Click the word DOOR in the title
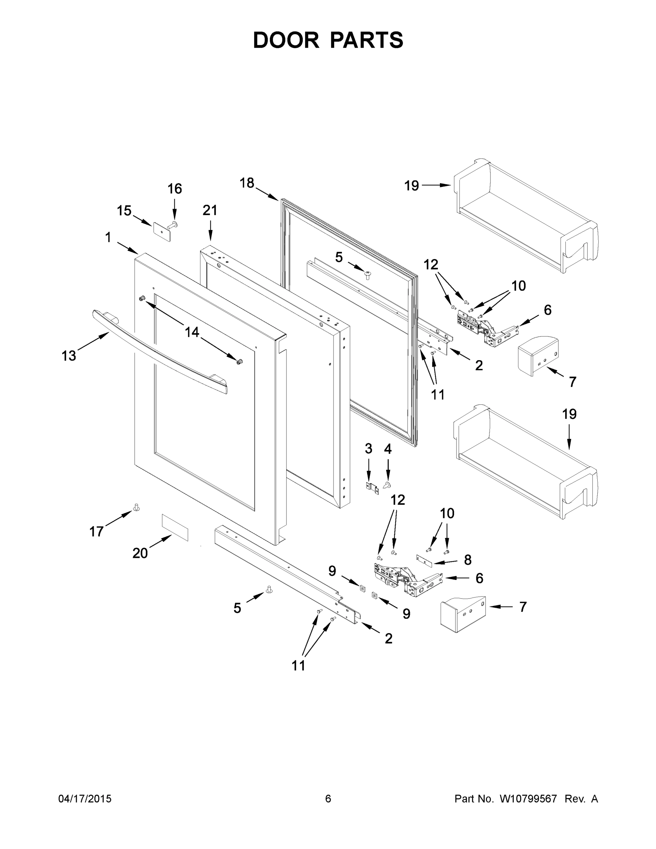[286, 40]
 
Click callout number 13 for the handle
[69, 355]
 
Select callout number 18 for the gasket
[247, 183]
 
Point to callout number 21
[210, 210]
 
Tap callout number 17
[97, 531]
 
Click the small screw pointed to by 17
[137, 507]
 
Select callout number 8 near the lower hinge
[468, 559]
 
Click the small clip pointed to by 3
[372, 488]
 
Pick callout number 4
[388, 449]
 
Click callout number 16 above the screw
[174, 189]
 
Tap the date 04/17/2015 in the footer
[85, 798]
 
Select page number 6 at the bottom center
[328, 798]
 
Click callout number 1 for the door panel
[108, 237]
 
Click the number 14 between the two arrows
[192, 332]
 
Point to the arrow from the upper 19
[436, 185]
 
